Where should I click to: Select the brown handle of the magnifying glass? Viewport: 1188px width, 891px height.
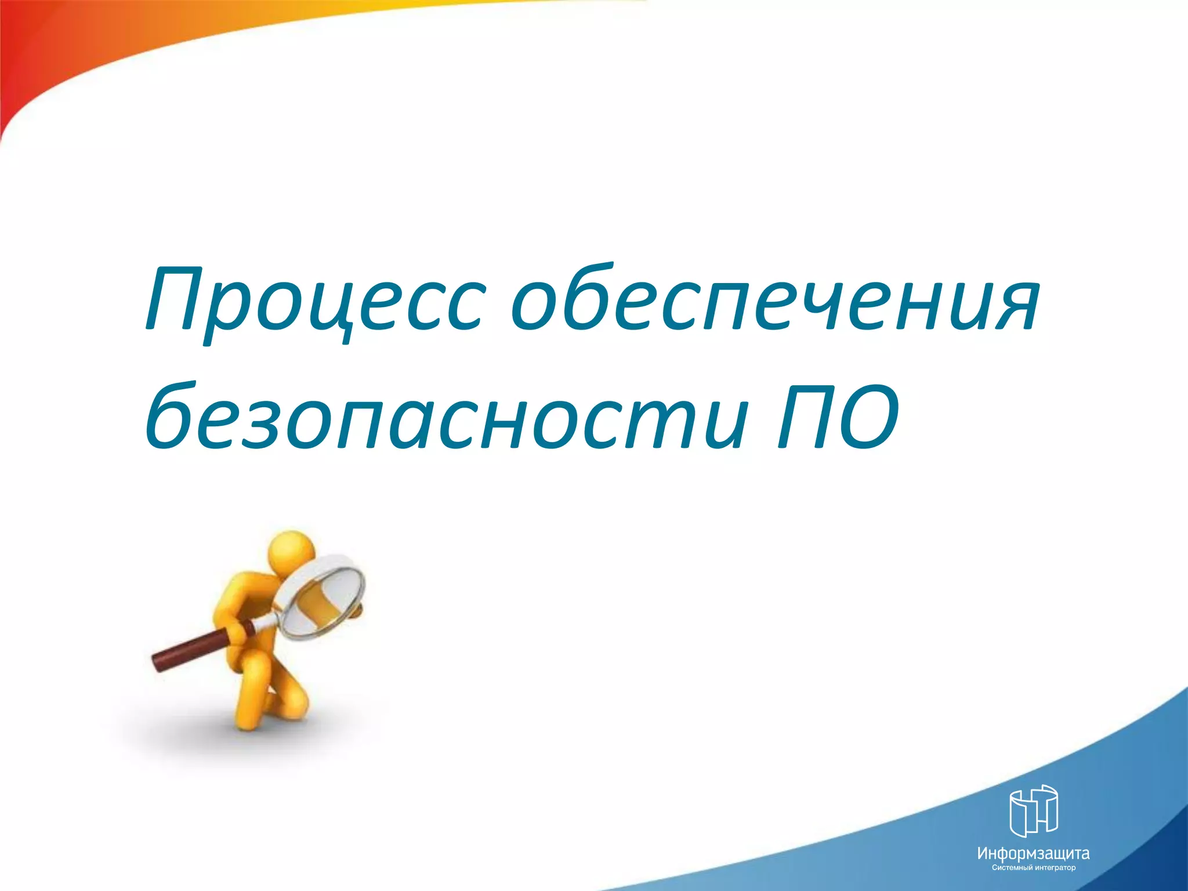(191, 649)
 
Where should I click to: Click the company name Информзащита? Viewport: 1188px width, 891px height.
(1033, 853)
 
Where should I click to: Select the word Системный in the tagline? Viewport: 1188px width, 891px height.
(1012, 868)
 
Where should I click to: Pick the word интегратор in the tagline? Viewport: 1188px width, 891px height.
(1055, 868)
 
